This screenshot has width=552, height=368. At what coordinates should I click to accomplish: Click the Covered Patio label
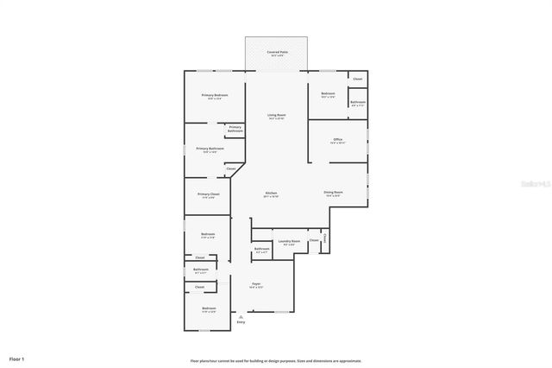(x=277, y=52)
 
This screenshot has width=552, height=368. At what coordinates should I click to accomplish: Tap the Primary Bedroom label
(x=215, y=95)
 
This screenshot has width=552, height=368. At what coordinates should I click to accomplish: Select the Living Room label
(x=276, y=115)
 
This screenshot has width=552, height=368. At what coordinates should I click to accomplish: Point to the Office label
(x=337, y=139)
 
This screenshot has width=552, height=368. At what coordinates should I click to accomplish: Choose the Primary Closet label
(x=209, y=194)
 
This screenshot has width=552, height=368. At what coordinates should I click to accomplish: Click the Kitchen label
(x=271, y=193)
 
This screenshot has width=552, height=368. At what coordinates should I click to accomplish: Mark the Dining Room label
(x=333, y=192)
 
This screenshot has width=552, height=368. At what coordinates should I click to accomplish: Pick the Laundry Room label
(x=290, y=241)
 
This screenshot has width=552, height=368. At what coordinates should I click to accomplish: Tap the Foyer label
(x=256, y=283)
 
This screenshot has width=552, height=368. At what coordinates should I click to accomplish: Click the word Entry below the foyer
(x=241, y=322)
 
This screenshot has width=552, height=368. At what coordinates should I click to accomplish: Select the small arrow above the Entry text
(x=241, y=316)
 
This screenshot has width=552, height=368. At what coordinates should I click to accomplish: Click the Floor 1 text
(x=17, y=358)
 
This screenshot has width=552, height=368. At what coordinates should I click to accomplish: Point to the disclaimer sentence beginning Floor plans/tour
(x=276, y=361)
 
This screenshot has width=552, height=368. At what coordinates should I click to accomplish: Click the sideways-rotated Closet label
(x=324, y=238)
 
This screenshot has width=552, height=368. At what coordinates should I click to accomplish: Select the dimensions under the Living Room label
(x=276, y=118)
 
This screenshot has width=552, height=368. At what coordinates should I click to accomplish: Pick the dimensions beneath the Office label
(x=337, y=143)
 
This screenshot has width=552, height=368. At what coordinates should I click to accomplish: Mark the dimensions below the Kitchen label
(x=271, y=196)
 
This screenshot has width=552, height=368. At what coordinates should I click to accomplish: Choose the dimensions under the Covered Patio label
(x=277, y=55)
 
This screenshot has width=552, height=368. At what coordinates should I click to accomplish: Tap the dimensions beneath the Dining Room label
(x=333, y=195)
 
